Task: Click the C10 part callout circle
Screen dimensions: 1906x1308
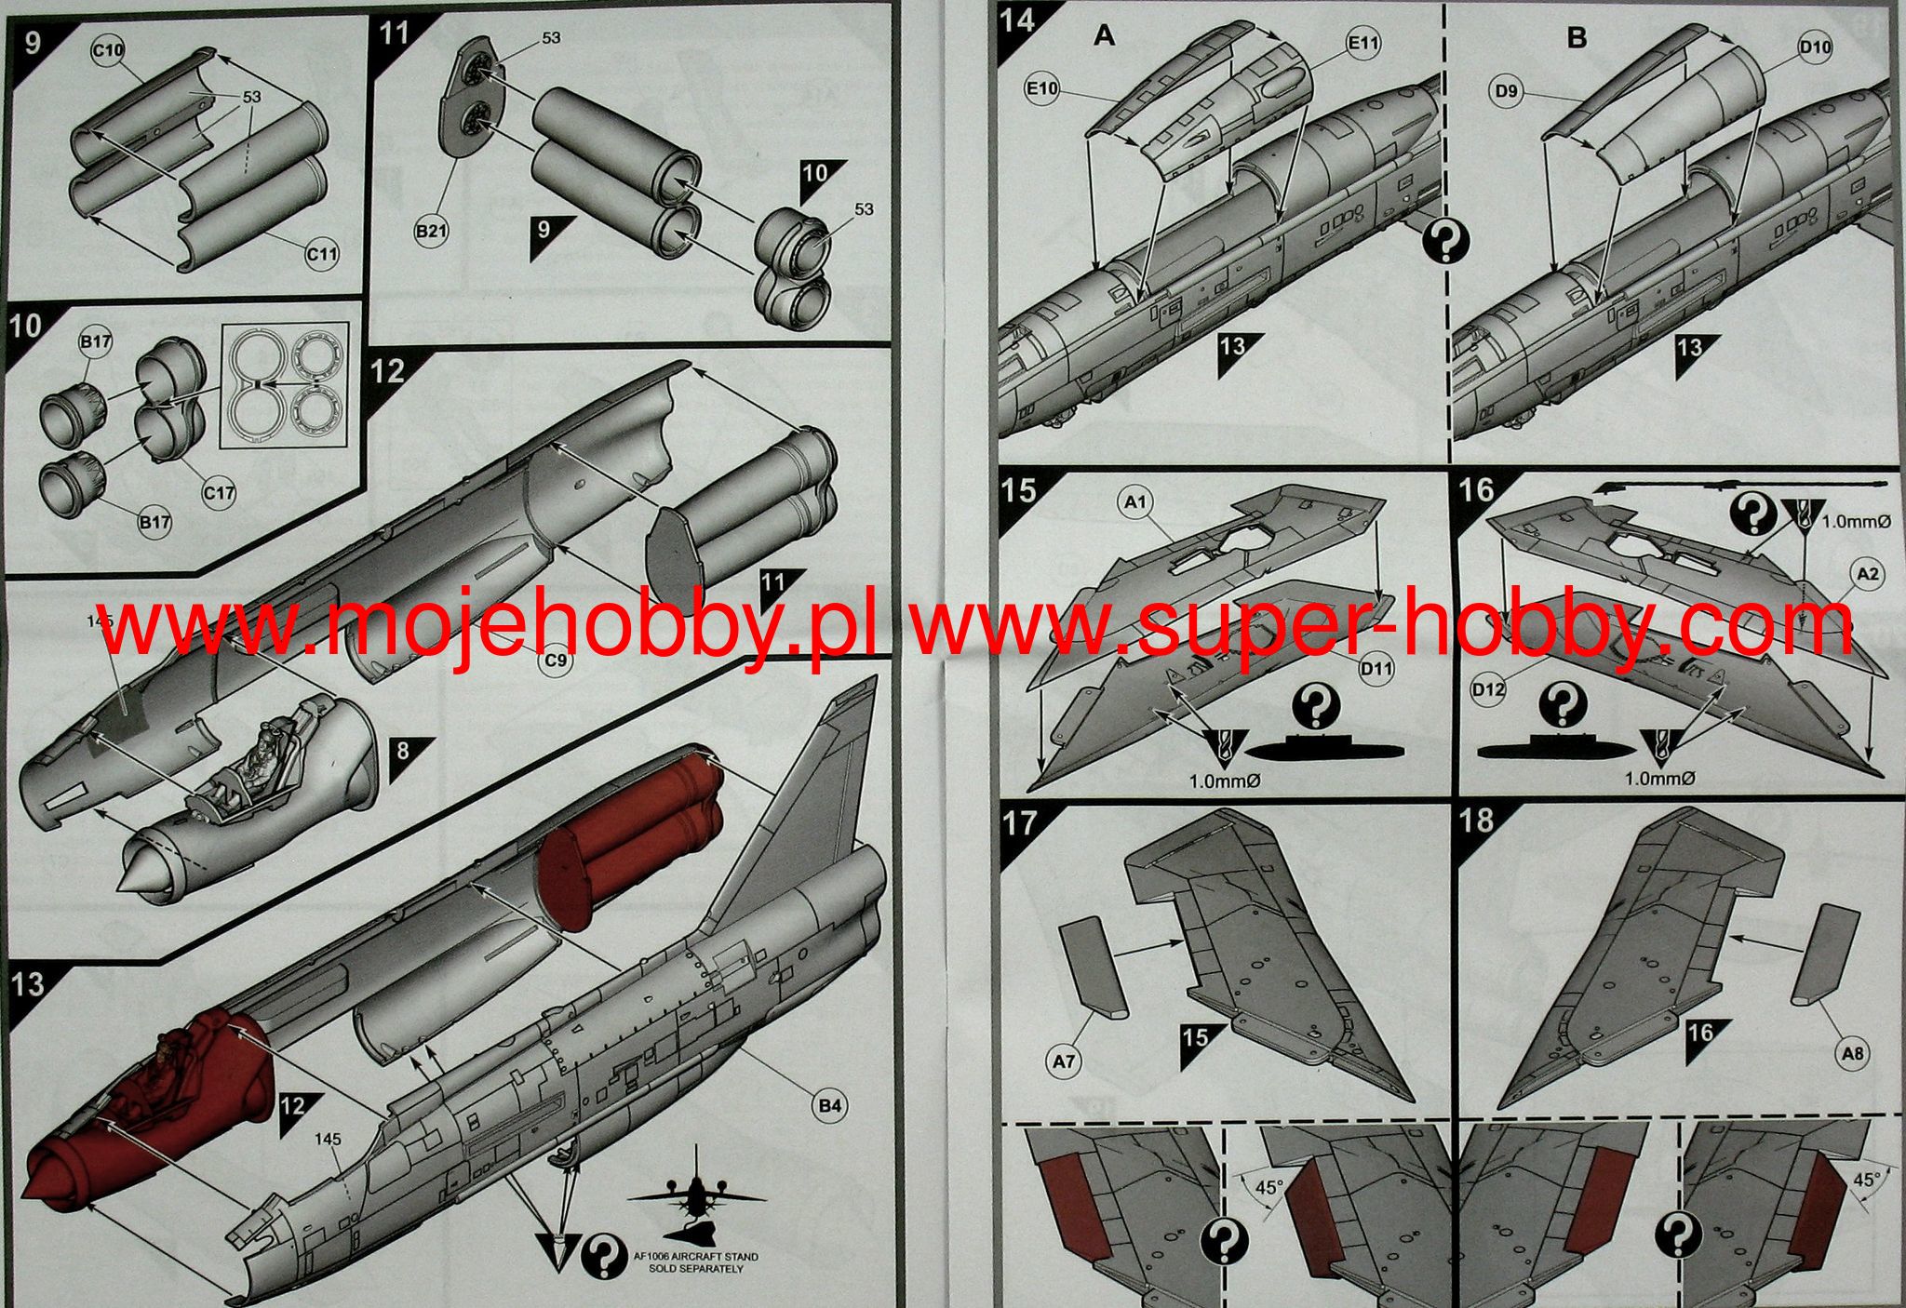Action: [108, 49]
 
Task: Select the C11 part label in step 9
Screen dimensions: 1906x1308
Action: [324, 253]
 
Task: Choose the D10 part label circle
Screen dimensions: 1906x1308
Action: [1815, 47]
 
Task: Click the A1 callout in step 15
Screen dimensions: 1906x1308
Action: [1135, 503]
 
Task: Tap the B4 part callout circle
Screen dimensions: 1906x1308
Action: [830, 1106]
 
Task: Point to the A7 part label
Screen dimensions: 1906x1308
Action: [1065, 1062]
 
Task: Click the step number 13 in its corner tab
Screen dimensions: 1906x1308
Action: [28, 984]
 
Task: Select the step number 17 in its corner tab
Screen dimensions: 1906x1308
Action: [1021, 822]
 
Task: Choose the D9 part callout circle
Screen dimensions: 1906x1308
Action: [1509, 91]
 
